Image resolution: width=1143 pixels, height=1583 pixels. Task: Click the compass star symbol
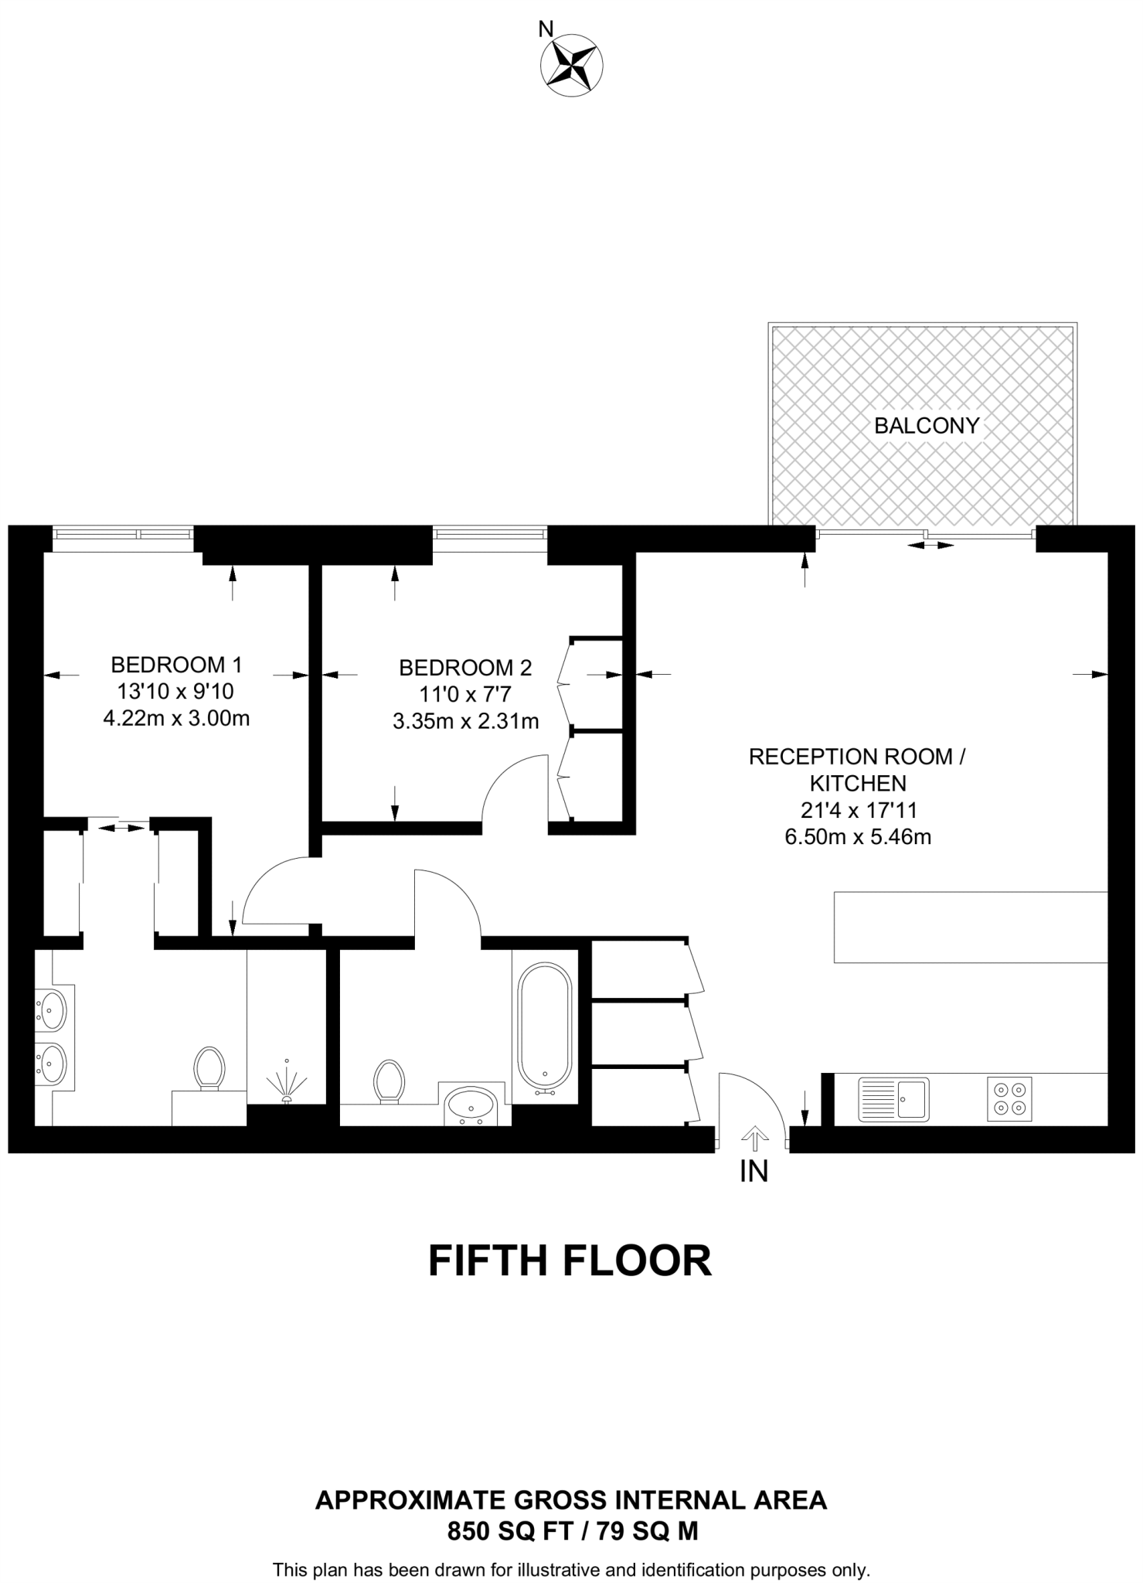tap(572, 66)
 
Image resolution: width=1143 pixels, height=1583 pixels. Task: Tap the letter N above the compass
tap(546, 29)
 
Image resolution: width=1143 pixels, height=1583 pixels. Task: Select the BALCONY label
tap(927, 425)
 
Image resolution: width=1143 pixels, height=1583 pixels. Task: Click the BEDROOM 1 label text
tap(176, 665)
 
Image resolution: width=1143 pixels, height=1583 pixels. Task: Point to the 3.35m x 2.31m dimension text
tap(465, 722)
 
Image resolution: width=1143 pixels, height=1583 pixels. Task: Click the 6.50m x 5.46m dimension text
tap(857, 837)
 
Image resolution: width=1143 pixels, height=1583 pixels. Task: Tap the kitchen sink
tap(893, 1099)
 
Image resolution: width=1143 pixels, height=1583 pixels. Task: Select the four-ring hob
tap(1009, 1099)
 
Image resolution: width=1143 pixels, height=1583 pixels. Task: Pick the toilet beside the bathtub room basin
tap(389, 1081)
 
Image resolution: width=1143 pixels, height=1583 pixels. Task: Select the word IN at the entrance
tap(754, 1172)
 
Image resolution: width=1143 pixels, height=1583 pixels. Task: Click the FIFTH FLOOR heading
tap(570, 1261)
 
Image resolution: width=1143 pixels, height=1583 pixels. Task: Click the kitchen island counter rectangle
tap(971, 927)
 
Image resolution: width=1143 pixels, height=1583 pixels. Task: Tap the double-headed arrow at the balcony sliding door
tap(930, 545)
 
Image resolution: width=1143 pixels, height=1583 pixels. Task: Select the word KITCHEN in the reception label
tap(857, 784)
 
